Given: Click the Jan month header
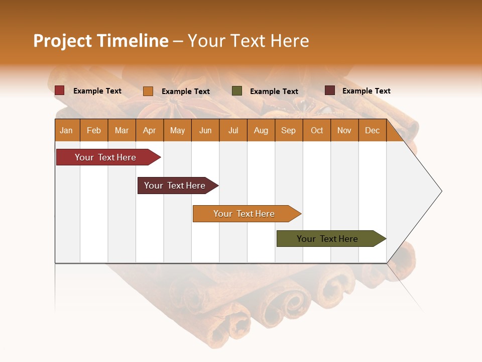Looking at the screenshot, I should [66, 131].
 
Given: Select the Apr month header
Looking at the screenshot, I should [150, 131].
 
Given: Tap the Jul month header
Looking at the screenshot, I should [233, 131].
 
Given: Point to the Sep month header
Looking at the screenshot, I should [288, 131].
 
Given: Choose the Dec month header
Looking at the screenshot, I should [372, 131].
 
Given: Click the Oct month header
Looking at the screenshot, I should [317, 131].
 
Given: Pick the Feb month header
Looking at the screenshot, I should [94, 131].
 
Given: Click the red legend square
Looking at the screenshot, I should [60, 90].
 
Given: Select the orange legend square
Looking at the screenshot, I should [148, 91].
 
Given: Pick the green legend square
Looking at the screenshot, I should [237, 91].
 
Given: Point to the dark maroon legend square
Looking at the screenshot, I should [330, 90].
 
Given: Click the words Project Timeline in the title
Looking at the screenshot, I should [100, 41].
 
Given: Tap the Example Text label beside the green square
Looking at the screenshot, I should [274, 92].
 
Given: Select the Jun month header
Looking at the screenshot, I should [205, 131].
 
